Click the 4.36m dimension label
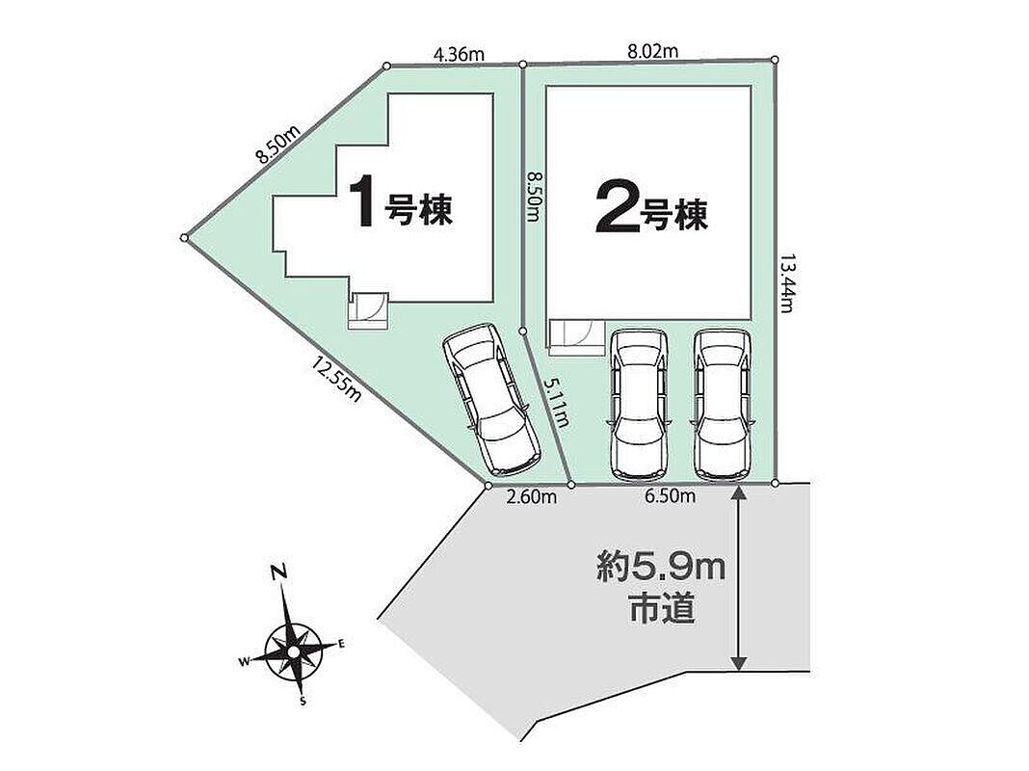[459, 54]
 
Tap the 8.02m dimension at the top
[653, 50]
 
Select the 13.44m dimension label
[787, 283]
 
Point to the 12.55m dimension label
[337, 380]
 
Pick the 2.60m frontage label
[532, 497]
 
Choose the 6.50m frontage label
[670, 496]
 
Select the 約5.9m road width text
[661, 568]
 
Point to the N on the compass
[280, 572]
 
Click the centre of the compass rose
[293, 651]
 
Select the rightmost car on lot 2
[724, 404]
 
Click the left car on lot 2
[640, 404]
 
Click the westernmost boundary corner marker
[184, 237]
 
